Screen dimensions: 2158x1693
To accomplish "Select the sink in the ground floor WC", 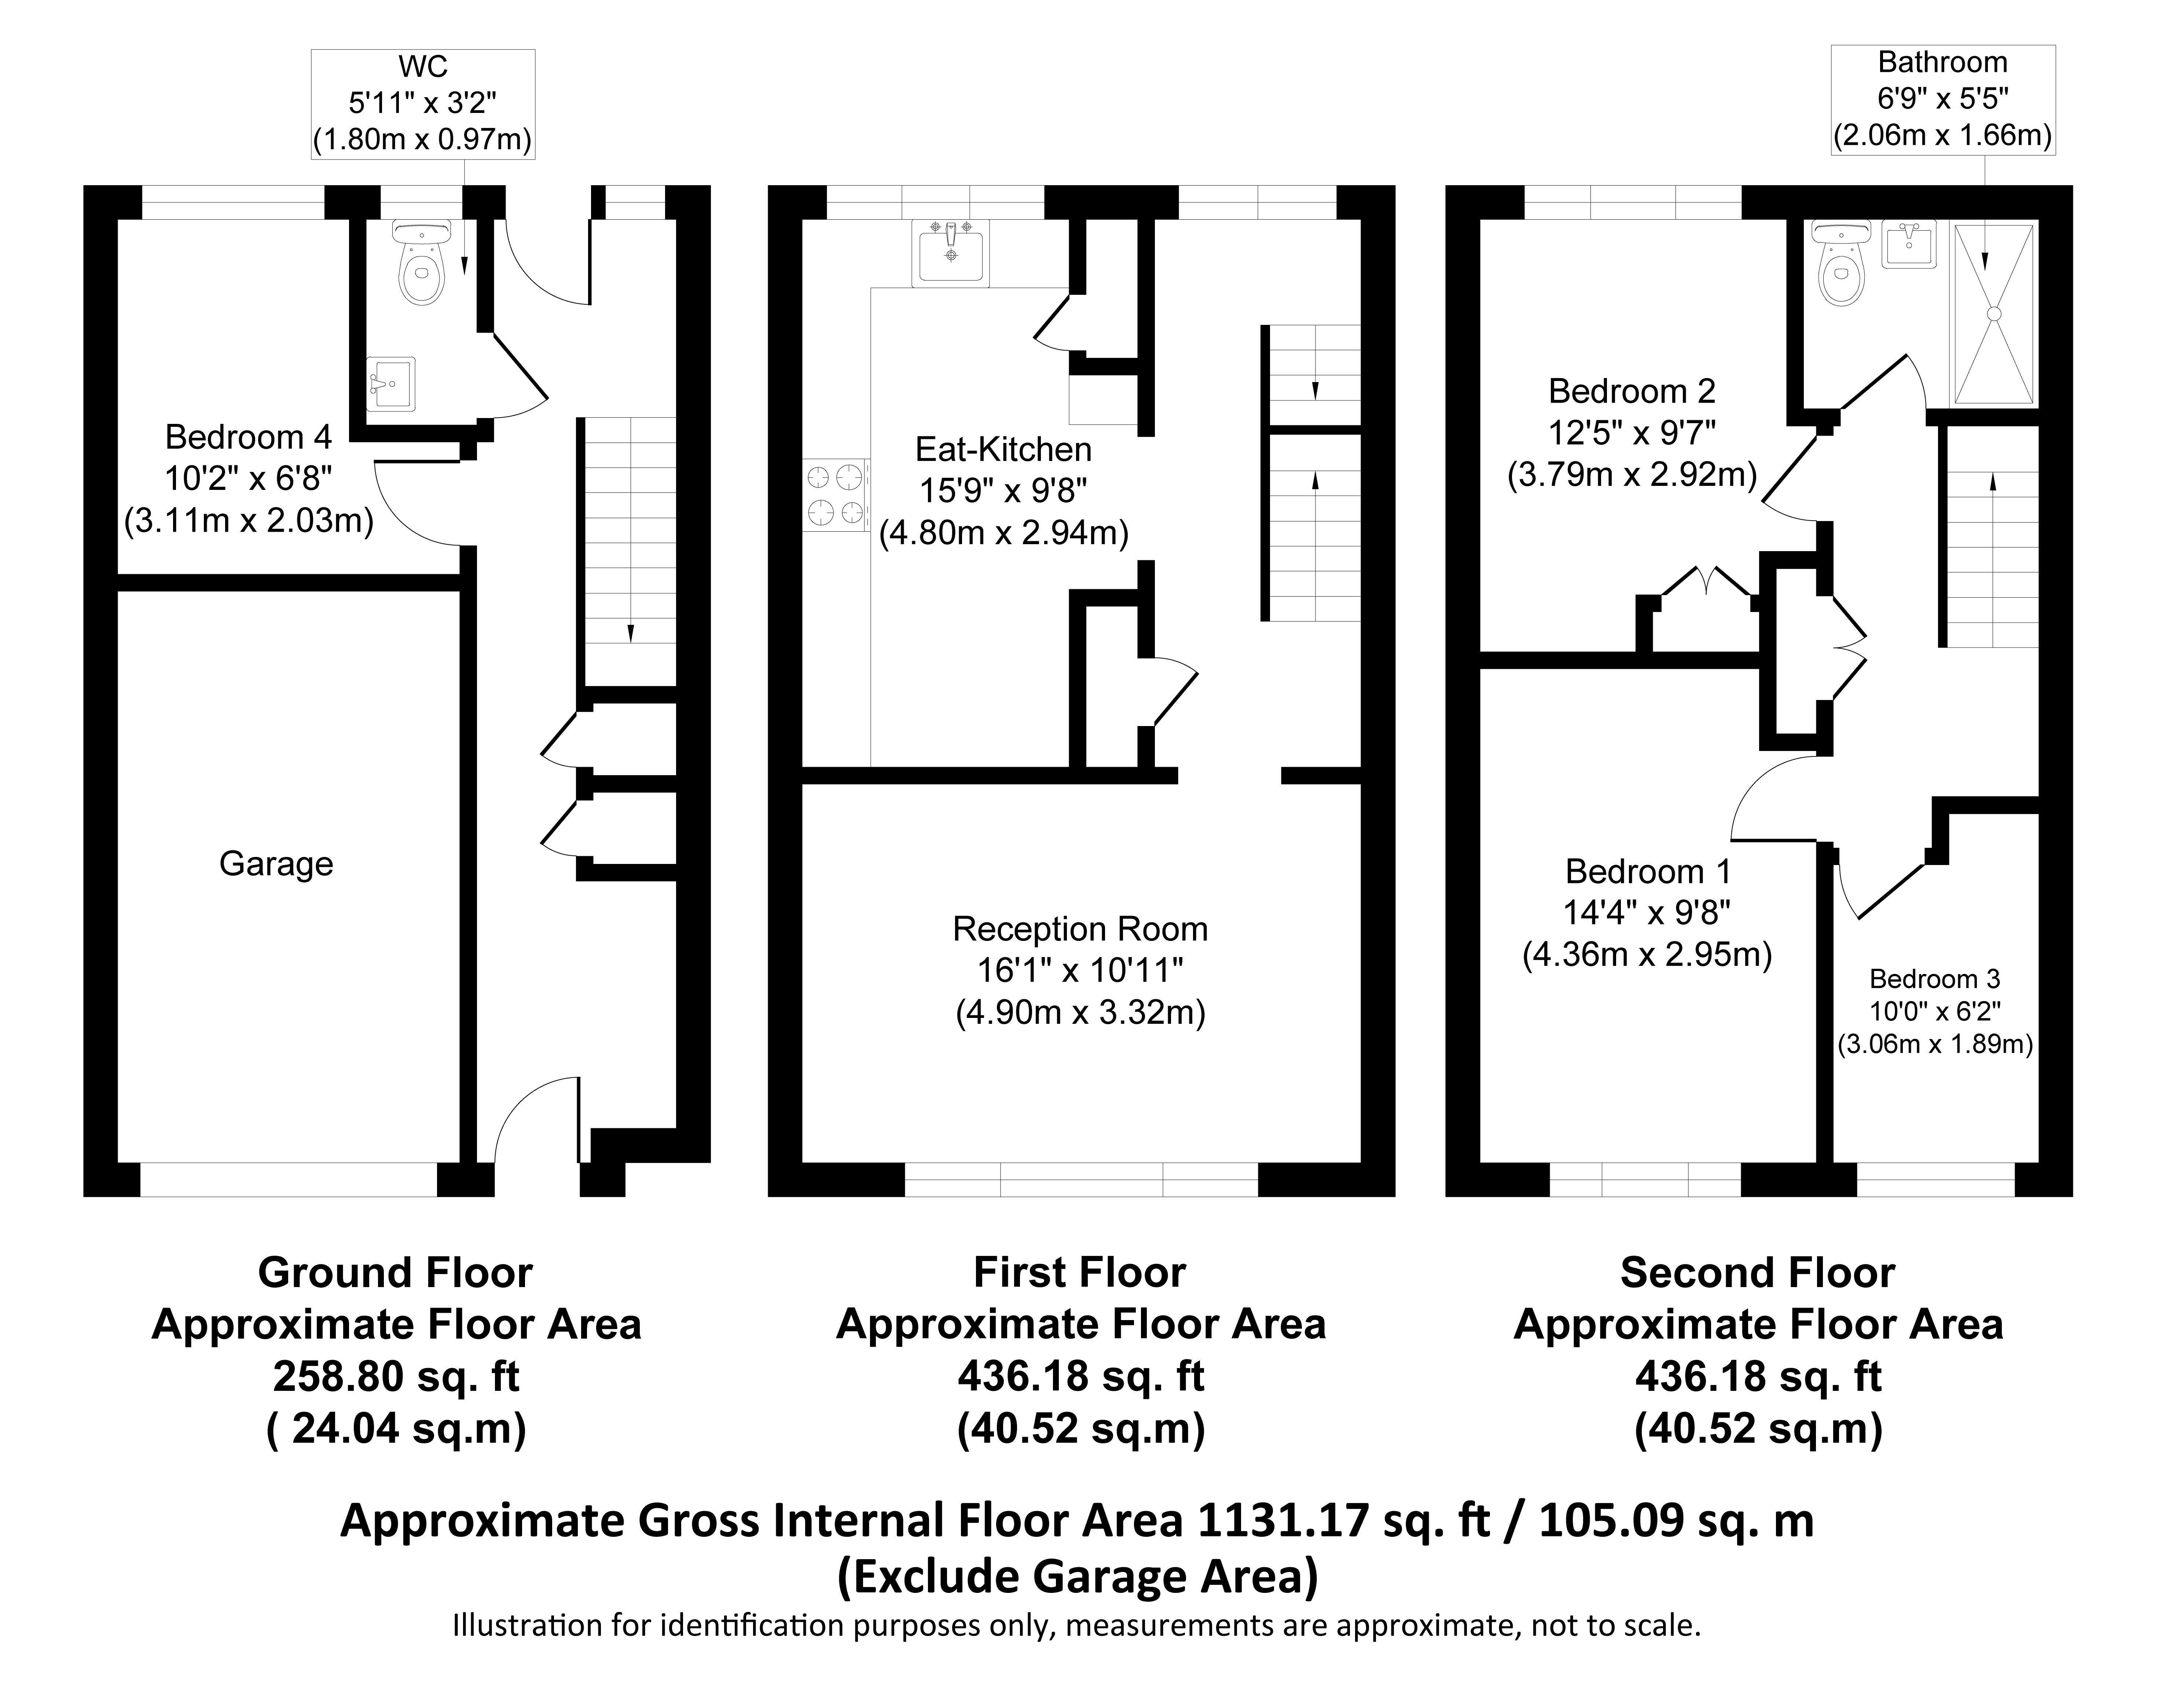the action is tap(390, 384).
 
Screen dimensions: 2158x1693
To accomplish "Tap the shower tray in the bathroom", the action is tap(1993, 313).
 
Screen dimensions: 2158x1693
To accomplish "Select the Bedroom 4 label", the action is tap(249, 436).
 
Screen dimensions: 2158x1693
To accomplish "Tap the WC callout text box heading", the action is tap(423, 66).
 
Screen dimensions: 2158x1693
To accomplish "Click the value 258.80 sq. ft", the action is tap(396, 1376).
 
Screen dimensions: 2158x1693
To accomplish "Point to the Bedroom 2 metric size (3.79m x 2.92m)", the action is tap(1632, 475).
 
